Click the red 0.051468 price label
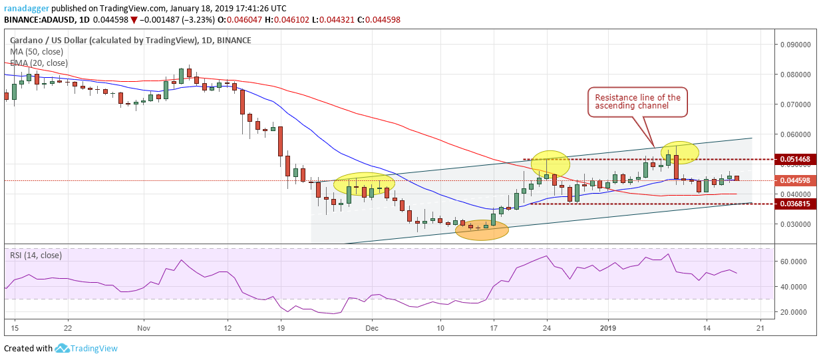[795, 160]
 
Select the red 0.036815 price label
[795, 204]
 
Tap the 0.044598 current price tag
[795, 180]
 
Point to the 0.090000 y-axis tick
[795, 45]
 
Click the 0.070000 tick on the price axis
[795, 104]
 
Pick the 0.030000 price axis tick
[795, 224]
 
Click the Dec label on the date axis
[371, 328]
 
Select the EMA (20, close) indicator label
[39, 63]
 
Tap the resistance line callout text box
[637, 102]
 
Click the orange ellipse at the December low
[482, 230]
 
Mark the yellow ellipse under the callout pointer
[679, 153]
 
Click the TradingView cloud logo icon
[63, 348]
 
